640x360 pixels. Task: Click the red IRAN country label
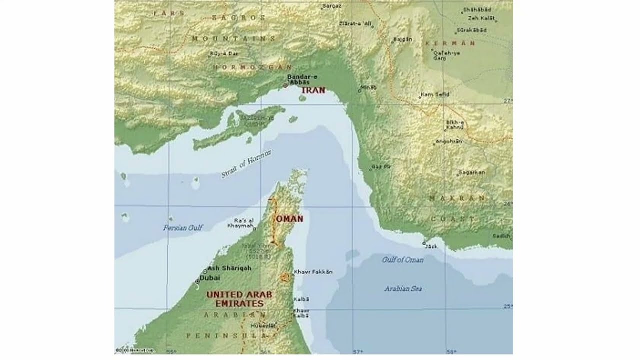click(x=313, y=90)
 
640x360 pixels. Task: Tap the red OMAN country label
click(x=289, y=219)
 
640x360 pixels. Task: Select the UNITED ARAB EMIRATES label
click(x=239, y=299)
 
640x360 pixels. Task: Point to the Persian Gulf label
click(x=183, y=227)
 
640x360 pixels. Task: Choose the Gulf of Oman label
click(x=402, y=259)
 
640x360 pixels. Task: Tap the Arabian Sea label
click(x=403, y=288)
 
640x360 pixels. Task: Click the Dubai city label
click(x=210, y=277)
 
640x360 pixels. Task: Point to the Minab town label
click(x=368, y=87)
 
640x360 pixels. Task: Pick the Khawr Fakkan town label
click(x=313, y=272)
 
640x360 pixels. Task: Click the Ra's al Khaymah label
click(x=240, y=223)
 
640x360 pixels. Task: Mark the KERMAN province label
click(x=450, y=43)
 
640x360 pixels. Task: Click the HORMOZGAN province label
click(x=252, y=66)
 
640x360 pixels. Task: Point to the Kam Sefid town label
click(x=435, y=94)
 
